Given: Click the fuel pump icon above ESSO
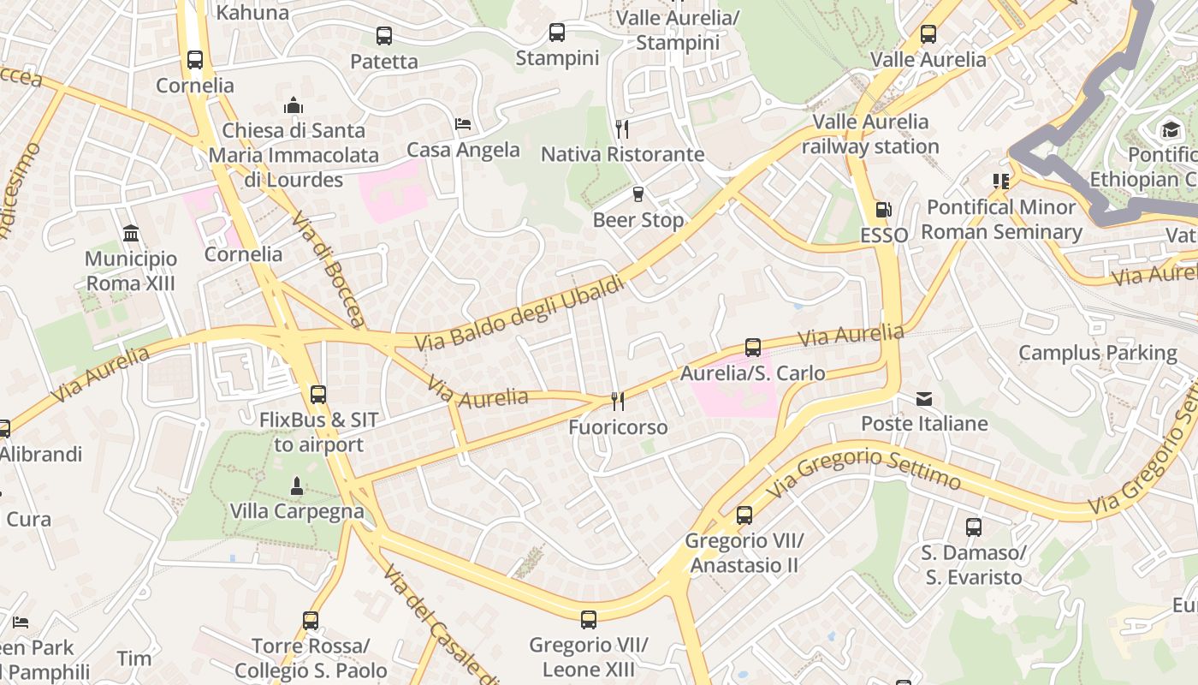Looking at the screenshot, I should (x=882, y=210).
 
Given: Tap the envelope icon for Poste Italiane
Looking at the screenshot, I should (x=924, y=398).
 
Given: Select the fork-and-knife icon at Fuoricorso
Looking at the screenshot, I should (x=618, y=401).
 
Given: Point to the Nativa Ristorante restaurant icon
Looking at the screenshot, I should (x=622, y=129).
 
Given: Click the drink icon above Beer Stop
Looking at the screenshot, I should (x=638, y=194).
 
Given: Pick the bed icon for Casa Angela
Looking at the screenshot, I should (x=463, y=124).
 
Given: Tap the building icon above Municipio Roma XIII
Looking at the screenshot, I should (x=131, y=233).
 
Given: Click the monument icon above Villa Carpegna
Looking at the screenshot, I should (x=296, y=486).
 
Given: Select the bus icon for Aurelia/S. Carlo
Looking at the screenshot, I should (x=753, y=348).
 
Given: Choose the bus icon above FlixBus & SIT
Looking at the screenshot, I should (x=318, y=395).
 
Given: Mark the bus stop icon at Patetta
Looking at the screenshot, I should (x=384, y=36).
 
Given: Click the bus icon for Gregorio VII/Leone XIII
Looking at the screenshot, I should (x=589, y=619).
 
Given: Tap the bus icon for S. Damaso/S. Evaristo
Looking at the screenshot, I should (x=974, y=527).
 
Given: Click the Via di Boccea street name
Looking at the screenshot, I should (x=328, y=270).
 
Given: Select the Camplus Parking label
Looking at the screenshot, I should (x=1097, y=353).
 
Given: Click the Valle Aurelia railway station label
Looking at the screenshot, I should (x=870, y=134).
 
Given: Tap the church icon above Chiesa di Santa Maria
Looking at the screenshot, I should (x=294, y=106).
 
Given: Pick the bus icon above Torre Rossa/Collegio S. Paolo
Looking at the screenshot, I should (x=311, y=621).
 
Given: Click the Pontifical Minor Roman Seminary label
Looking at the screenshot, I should (x=1001, y=219).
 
